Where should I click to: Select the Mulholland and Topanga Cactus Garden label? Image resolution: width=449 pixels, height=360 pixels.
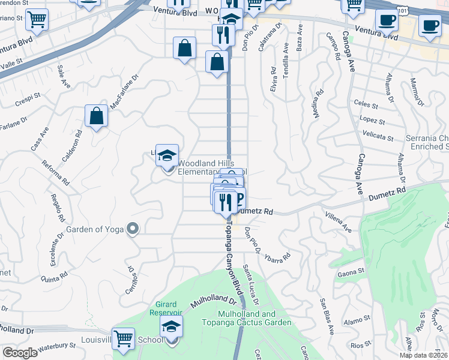(x=255, y=318)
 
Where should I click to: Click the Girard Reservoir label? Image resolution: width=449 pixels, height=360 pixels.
(x=165, y=308)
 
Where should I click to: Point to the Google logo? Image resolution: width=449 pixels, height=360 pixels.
(x=20, y=353)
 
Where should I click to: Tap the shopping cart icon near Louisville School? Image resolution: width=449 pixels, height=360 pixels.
(x=124, y=338)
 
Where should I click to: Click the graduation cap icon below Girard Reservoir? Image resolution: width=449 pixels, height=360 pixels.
(x=171, y=327)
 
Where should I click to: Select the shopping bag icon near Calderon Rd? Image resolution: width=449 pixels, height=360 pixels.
(x=96, y=116)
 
